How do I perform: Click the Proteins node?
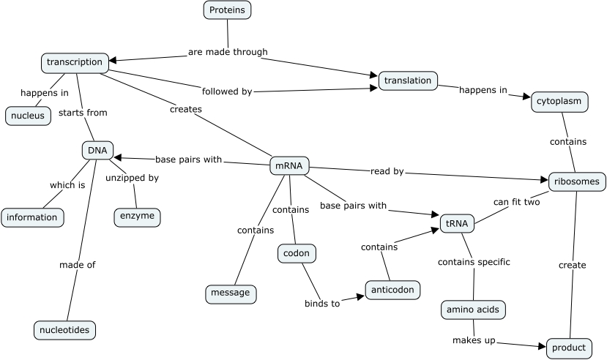[227, 10]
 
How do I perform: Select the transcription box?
[75, 62]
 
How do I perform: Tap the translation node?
[408, 80]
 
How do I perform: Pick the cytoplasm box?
[559, 102]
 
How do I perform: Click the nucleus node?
[28, 116]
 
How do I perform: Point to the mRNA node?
[289, 165]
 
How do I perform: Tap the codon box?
[297, 254]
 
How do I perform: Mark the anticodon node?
[393, 289]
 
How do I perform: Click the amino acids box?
[473, 310]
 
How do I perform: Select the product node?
[569, 348]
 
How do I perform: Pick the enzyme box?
[137, 217]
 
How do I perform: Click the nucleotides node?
[64, 330]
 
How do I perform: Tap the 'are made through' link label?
[228, 52]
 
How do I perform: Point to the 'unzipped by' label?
[132, 177]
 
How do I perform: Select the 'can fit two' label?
[516, 202]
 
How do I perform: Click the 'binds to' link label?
[322, 304]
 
